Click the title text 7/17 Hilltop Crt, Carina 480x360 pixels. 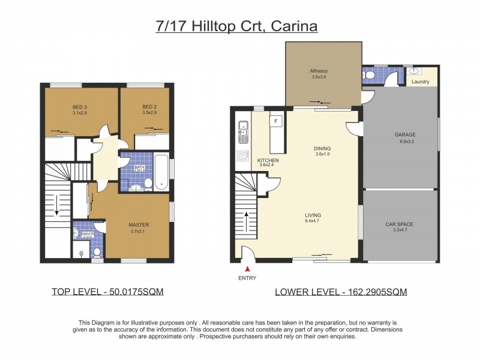236,26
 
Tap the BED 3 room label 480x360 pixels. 75,107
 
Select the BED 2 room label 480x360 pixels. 146,107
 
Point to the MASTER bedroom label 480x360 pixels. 139,225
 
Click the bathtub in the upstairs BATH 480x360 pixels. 161,173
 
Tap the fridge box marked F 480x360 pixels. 275,121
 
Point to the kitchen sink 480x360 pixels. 242,131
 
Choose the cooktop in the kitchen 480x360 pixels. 242,156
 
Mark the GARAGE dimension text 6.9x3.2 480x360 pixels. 407,142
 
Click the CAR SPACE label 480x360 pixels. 399,224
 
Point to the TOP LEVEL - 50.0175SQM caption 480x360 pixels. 107,292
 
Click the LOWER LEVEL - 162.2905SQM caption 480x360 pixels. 341,292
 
